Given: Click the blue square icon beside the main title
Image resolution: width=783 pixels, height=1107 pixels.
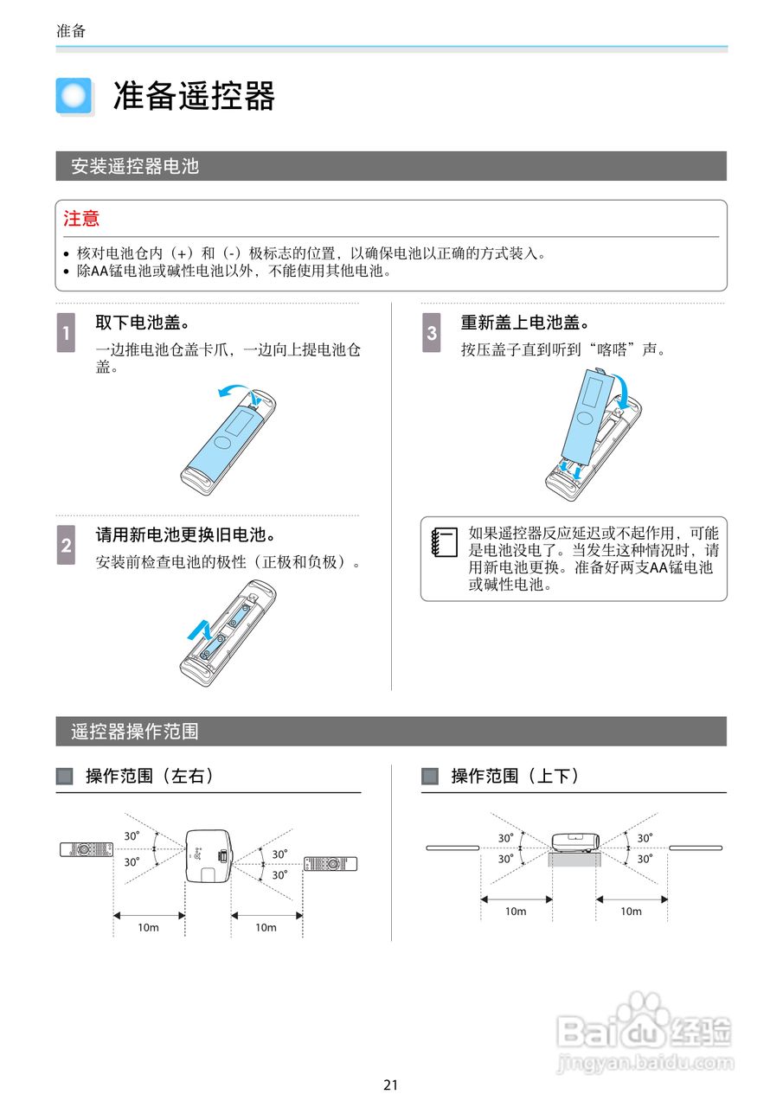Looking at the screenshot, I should pyautogui.click(x=74, y=96).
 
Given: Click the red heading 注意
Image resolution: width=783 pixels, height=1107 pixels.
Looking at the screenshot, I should pyautogui.click(x=81, y=219).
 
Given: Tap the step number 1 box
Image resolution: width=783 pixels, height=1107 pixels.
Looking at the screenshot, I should pyautogui.click(x=67, y=331).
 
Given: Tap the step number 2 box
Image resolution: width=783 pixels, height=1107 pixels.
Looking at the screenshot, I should pyautogui.click(x=67, y=545).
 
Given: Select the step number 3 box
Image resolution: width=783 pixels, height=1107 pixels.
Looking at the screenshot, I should pyautogui.click(x=432, y=331).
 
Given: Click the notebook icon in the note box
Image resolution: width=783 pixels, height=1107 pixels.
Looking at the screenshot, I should pyautogui.click(x=444, y=543).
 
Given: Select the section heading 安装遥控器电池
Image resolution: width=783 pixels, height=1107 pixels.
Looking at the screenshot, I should pyautogui.click(x=135, y=166).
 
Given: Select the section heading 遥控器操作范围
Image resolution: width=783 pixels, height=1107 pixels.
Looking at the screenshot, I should pyautogui.click(x=135, y=732).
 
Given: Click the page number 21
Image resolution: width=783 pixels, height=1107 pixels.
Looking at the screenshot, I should pyautogui.click(x=391, y=1085).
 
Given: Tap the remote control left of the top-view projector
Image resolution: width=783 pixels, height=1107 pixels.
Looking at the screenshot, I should pyautogui.click(x=86, y=848).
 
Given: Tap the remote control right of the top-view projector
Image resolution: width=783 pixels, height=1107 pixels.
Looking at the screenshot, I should pyautogui.click(x=331, y=863).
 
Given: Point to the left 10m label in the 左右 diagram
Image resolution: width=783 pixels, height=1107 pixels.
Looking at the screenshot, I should pyautogui.click(x=149, y=927).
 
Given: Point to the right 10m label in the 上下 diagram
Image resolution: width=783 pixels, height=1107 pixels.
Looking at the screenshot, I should pyautogui.click(x=631, y=911).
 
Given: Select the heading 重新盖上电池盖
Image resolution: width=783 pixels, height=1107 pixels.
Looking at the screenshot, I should pyautogui.click(x=524, y=323).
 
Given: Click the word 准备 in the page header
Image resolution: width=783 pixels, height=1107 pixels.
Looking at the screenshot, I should pyautogui.click(x=71, y=30).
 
